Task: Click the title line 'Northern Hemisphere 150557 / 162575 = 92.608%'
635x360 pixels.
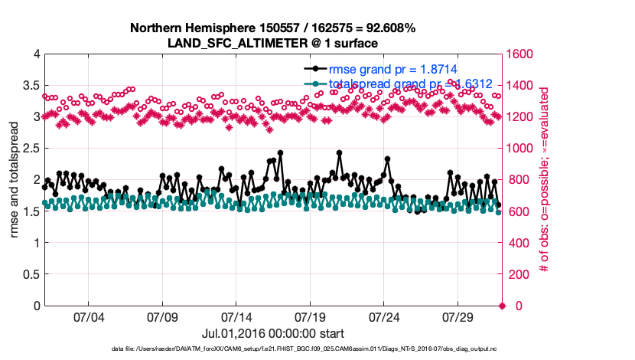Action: (x=273, y=28)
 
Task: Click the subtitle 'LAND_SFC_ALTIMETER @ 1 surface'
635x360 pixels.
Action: (x=273, y=43)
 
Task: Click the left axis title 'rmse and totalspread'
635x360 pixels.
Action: (x=15, y=180)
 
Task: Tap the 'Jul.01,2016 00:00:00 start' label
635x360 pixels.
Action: (x=273, y=333)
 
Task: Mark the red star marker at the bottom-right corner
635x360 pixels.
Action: (x=502, y=306)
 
